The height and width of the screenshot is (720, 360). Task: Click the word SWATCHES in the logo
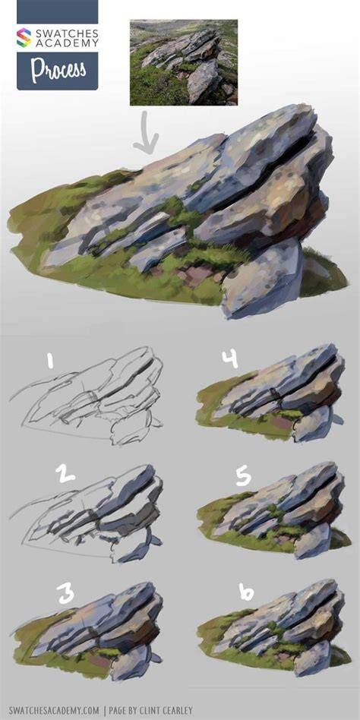coord(65,33)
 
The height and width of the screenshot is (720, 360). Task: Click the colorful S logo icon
coord(24,38)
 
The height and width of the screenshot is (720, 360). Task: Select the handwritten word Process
coord(58,69)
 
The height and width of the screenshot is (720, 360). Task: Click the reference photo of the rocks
coord(184,62)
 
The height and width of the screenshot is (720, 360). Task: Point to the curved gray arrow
coord(146,133)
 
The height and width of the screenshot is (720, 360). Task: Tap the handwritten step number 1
coord(49,360)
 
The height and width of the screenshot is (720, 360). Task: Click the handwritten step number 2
coord(65,473)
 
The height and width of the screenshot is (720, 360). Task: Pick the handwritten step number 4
coord(229,358)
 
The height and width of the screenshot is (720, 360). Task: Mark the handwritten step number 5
coord(243,477)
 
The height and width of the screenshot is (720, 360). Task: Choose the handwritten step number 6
coord(246,592)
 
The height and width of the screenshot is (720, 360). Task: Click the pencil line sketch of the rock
coord(87,396)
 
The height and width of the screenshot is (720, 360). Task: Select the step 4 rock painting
coord(270,393)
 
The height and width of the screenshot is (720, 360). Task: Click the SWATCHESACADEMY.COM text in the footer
coord(54,710)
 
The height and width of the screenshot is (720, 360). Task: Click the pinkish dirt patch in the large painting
coord(193,276)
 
